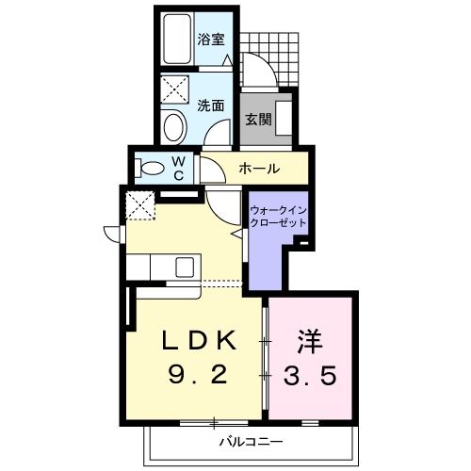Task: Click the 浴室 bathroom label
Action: click(211, 40)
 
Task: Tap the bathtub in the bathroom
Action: click(174, 41)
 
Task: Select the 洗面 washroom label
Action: click(211, 106)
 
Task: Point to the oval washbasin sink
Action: click(173, 125)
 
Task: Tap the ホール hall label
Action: click(257, 170)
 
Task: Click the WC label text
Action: click(178, 168)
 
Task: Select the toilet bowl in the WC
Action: click(151, 169)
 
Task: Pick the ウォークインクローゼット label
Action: click(277, 216)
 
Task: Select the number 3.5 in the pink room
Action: click(312, 377)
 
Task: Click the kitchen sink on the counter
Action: click(182, 266)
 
